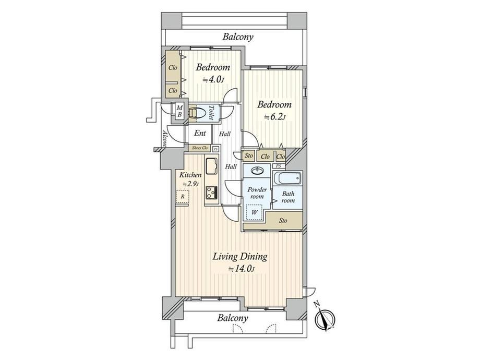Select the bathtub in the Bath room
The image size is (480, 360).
pyautogui.click(x=287, y=178)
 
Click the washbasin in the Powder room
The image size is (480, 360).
pyautogui.click(x=256, y=170)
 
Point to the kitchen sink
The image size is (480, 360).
pyautogui.click(x=211, y=167)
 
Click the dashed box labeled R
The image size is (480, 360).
pyautogui.click(x=183, y=197)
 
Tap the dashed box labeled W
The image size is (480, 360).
pyautogui.click(x=254, y=212)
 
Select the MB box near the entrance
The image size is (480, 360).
pyautogui.click(x=179, y=111)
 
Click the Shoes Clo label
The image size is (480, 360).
pyautogui.click(x=200, y=148)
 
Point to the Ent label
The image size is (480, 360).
pyautogui.click(x=200, y=133)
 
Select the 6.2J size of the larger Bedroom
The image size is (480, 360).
pyautogui.click(x=274, y=117)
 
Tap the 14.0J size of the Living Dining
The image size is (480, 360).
pyautogui.click(x=242, y=269)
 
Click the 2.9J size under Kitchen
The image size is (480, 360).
pyautogui.click(x=190, y=184)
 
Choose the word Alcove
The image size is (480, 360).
pyautogui.click(x=165, y=139)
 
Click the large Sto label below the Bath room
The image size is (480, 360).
pyautogui.click(x=283, y=220)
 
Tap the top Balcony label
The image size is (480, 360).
pyautogui.click(x=238, y=37)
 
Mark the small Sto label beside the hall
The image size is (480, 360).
pyautogui.click(x=249, y=155)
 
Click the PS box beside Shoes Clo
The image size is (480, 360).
pyautogui.click(x=215, y=149)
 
